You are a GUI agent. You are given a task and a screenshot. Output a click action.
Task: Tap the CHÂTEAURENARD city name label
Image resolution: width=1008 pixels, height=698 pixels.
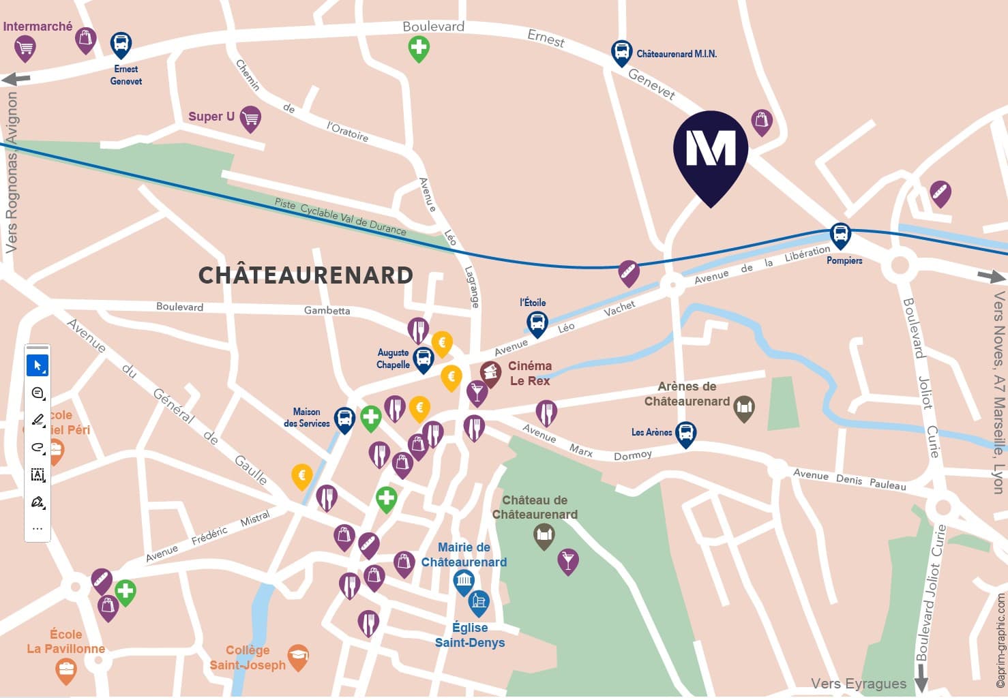coord(306,275)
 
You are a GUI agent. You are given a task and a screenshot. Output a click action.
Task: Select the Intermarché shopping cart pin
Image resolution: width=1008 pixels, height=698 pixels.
coord(25,48)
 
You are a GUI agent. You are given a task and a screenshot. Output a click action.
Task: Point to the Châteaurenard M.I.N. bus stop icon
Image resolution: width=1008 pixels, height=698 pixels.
coord(621,52)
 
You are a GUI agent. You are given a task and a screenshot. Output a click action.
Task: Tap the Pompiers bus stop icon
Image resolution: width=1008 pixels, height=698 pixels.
coord(840,236)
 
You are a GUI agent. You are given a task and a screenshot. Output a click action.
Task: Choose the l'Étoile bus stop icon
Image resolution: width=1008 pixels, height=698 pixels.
coord(537,323)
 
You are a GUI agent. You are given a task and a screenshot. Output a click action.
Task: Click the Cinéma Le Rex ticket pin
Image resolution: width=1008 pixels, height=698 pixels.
coord(490,373)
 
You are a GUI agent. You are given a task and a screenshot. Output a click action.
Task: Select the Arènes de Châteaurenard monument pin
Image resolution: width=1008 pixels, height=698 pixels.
coord(744,408)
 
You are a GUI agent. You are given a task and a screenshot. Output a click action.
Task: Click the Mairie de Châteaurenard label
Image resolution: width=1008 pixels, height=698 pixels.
coord(464,555)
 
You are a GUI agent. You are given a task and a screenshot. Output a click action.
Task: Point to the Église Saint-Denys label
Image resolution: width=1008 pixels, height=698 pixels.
coord(470,635)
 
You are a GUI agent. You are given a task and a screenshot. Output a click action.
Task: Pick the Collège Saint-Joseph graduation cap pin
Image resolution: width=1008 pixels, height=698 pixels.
coord(298,657)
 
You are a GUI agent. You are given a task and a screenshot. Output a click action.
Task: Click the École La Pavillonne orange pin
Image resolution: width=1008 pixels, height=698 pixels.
coord(66,670)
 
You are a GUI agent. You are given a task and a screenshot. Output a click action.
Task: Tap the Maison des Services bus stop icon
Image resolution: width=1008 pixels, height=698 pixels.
coord(344,419)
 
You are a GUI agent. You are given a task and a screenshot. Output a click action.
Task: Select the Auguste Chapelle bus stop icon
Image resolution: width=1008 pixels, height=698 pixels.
coord(424,359)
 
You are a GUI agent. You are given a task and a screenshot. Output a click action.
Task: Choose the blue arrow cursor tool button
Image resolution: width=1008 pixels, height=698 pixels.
coord(38,366)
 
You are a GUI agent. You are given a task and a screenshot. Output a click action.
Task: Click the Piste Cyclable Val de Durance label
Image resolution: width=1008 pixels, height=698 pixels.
coord(340,217)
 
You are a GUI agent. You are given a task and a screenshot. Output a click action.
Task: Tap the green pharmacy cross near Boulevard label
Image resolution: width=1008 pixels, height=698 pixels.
coord(419,48)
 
